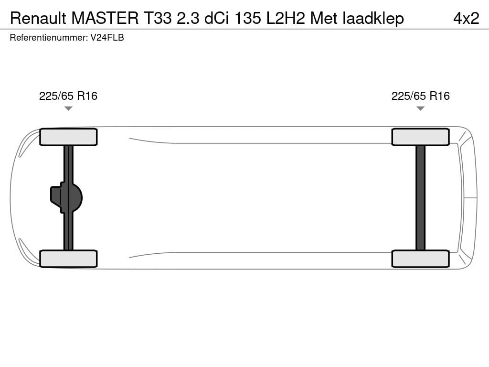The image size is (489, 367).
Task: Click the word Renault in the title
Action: (x=38, y=18)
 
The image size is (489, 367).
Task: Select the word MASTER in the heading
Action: (x=105, y=18)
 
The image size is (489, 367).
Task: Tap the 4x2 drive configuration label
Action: (x=466, y=18)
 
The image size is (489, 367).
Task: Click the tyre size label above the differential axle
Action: (x=68, y=96)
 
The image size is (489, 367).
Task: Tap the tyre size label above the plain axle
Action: (x=420, y=96)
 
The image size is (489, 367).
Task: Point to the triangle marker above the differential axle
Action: (x=68, y=108)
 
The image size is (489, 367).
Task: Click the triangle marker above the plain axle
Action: (x=420, y=108)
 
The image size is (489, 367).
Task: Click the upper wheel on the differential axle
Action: (x=68, y=137)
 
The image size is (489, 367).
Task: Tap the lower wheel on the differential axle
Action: (x=68, y=259)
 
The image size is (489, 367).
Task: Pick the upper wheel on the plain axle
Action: (x=420, y=137)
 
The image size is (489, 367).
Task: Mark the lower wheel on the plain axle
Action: (x=420, y=259)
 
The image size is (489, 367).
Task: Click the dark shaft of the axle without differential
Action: (x=420, y=197)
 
